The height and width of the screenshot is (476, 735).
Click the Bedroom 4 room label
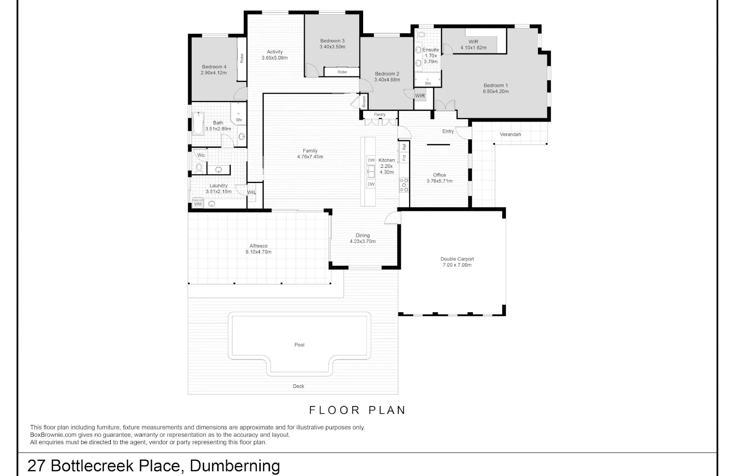coord(214,67)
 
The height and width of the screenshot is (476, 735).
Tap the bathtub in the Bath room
coord(198,124)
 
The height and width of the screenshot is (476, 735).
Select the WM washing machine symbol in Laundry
coord(197,204)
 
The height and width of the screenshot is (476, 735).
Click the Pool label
coord(299,345)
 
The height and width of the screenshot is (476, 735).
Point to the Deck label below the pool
coord(298,386)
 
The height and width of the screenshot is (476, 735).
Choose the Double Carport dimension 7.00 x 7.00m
coord(457,265)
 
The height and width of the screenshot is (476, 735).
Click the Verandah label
coord(510,134)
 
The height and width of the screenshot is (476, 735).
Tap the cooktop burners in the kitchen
coord(404,185)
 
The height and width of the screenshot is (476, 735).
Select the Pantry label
coord(379,115)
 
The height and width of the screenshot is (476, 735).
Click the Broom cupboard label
coord(364,101)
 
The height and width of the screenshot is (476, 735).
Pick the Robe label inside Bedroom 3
coord(342,72)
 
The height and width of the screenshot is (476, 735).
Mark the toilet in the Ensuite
coord(421,34)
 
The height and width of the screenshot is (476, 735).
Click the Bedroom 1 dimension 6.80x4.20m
coord(495,91)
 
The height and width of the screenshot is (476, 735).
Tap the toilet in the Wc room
coord(199,168)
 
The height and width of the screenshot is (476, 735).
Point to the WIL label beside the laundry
coord(251,192)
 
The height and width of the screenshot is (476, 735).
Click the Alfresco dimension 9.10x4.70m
coord(258,252)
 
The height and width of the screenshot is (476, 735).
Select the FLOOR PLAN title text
coord(357,410)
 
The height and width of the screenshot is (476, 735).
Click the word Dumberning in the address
coord(235,466)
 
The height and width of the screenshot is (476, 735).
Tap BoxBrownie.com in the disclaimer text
coord(53,435)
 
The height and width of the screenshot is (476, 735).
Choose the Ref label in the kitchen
coord(404,147)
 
